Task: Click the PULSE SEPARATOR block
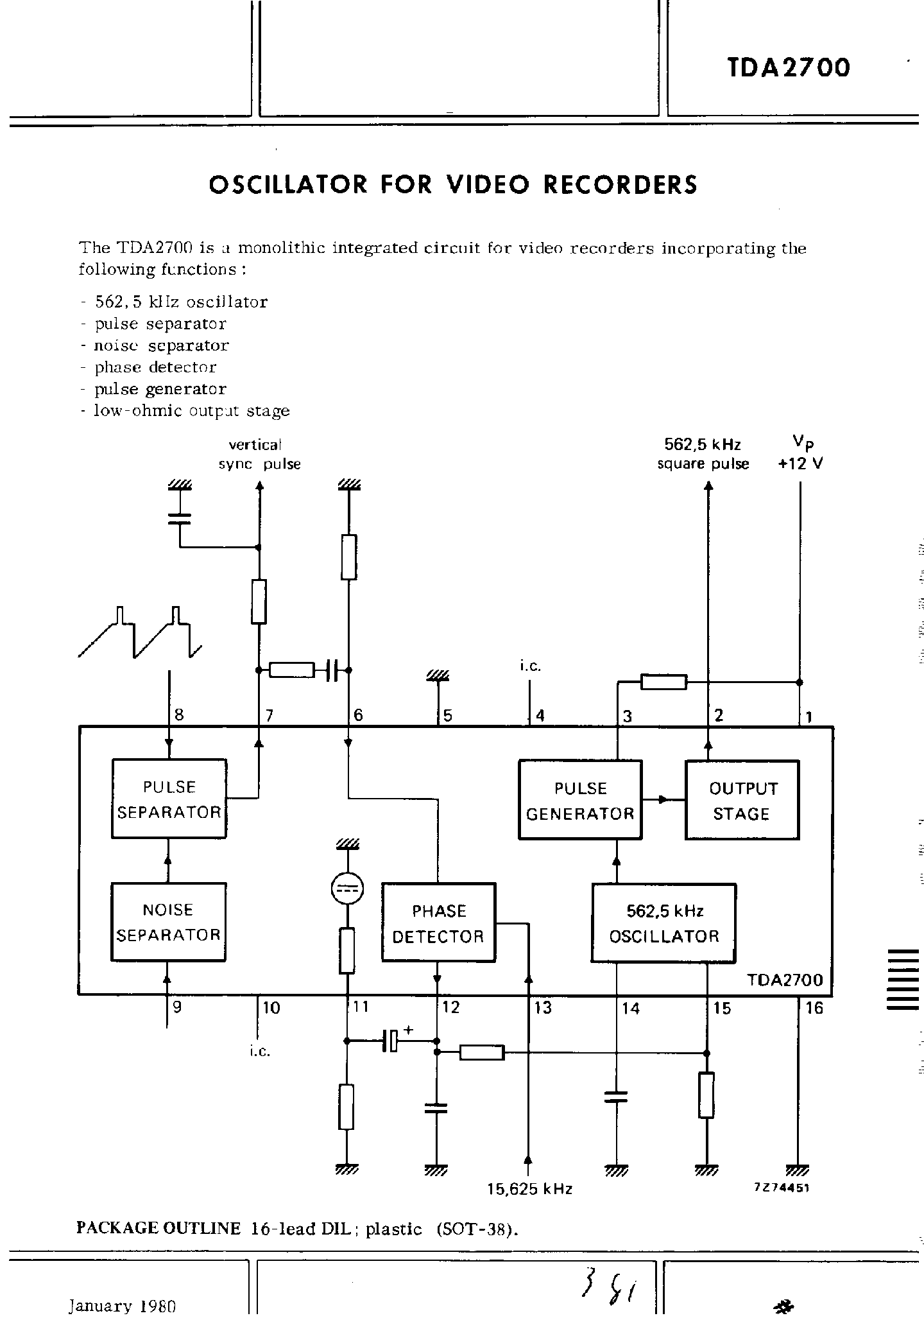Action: point(169,799)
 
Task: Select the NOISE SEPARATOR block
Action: point(168,922)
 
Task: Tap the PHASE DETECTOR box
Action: point(438,923)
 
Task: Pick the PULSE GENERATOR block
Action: point(579,801)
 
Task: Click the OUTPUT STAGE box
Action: point(742,801)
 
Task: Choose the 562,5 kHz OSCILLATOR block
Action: point(663,923)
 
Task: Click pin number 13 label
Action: point(543,1008)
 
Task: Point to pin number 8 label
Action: point(179,715)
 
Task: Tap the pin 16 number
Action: point(814,1008)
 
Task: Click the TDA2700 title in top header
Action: point(789,67)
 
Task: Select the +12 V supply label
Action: point(800,464)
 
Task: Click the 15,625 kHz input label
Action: point(529,1189)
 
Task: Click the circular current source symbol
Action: point(346,889)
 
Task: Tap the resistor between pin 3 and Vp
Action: point(664,682)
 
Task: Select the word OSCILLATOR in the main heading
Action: point(288,185)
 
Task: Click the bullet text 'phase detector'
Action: point(155,367)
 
